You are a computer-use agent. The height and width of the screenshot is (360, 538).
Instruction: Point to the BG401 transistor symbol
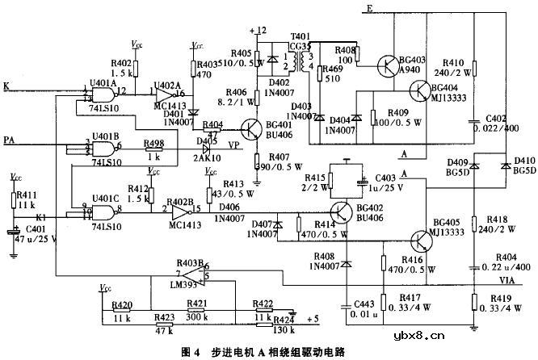coord(253,130)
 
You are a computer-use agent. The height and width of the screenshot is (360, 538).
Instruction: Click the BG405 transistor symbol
coord(421,241)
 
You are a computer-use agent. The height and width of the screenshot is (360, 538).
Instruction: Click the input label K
coord(7,86)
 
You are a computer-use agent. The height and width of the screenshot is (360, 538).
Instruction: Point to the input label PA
coord(10,140)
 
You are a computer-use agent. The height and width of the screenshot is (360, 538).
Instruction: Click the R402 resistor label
coord(121,62)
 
